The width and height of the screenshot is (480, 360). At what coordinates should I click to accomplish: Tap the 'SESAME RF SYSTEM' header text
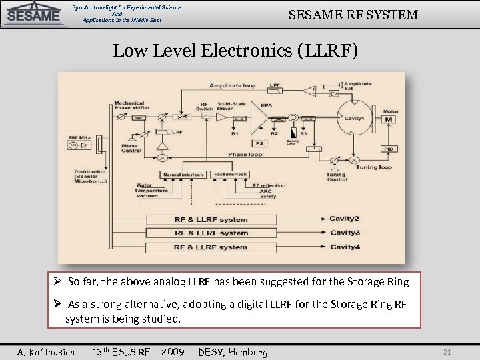(x=353, y=13)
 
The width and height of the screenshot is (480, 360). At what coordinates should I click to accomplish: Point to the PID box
(x=389, y=148)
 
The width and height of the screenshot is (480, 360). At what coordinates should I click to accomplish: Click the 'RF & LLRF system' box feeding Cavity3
(x=211, y=233)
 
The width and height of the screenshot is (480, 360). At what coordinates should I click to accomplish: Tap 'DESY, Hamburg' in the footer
(x=233, y=352)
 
